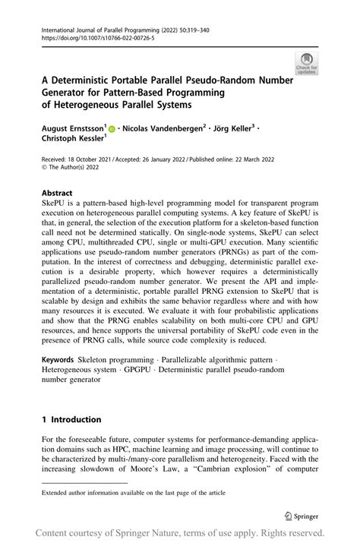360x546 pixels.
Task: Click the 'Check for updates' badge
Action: point(307,63)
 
